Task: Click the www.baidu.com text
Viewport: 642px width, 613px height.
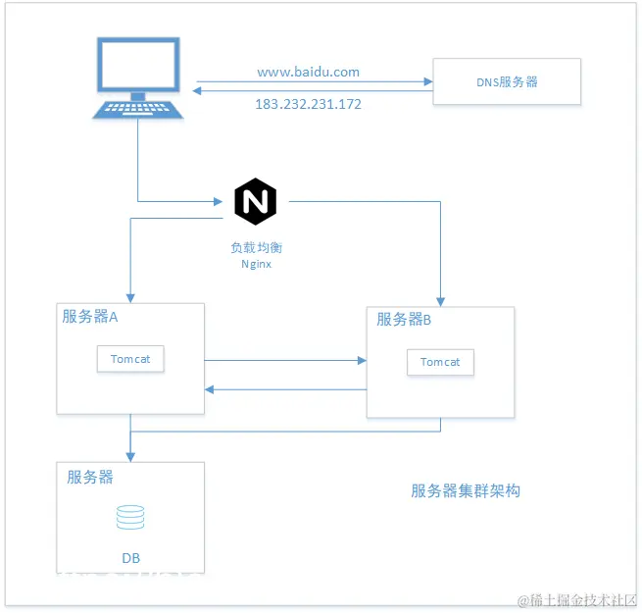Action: point(308,72)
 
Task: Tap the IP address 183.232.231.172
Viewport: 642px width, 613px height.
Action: point(308,103)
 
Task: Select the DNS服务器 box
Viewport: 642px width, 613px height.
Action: point(507,81)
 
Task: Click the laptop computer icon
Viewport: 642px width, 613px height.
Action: point(137,78)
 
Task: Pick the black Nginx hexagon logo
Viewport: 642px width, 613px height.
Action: point(255,201)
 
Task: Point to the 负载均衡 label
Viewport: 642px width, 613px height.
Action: point(255,247)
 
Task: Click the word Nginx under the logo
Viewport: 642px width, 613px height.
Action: point(255,264)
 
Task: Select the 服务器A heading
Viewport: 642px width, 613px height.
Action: point(90,316)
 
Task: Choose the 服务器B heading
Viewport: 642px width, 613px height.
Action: point(404,319)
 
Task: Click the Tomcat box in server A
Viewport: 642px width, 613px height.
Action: point(130,359)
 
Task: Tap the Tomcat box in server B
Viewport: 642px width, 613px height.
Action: point(440,362)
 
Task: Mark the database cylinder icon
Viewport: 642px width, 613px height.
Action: point(130,517)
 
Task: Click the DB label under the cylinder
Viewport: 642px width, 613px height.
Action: point(130,558)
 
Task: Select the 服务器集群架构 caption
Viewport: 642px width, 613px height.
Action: point(465,490)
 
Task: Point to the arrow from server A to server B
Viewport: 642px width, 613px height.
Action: point(284,360)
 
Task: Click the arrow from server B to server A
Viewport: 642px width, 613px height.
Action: point(284,389)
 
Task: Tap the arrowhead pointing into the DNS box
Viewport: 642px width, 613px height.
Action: point(428,81)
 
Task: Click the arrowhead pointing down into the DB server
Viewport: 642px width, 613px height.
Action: point(130,456)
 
